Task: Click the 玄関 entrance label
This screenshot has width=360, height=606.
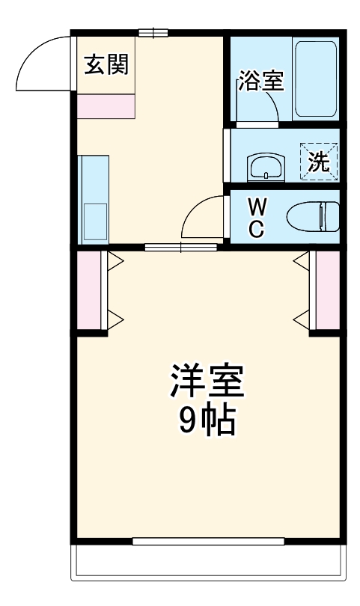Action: pyautogui.click(x=106, y=64)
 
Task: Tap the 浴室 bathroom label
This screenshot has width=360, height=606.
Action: pyautogui.click(x=261, y=81)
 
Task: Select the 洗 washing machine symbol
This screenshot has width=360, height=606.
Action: pyautogui.click(x=320, y=161)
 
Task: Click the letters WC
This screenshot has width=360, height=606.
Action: pyautogui.click(x=256, y=218)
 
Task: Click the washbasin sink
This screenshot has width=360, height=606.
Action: pyautogui.click(x=265, y=166)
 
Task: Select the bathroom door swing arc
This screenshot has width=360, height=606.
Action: pyautogui.click(x=257, y=108)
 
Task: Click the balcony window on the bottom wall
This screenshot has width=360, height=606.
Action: pyautogui.click(x=207, y=541)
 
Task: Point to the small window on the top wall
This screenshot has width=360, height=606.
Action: pyautogui.click(x=153, y=32)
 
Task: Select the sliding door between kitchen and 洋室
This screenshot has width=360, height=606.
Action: pyautogui.click(x=181, y=247)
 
